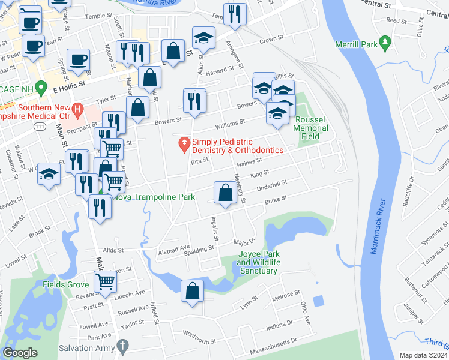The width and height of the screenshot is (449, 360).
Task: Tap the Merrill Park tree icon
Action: click(x=385, y=44)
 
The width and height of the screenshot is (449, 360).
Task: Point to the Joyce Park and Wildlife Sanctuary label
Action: click(x=258, y=262)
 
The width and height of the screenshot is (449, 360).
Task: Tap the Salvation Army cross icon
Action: click(x=122, y=346)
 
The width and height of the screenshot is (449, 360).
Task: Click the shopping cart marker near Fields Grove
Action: click(x=105, y=280)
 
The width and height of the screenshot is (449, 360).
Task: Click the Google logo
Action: click(x=20, y=352)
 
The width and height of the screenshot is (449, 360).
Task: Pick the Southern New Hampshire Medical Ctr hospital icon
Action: click(x=77, y=109)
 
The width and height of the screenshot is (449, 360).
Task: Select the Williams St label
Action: click(x=231, y=122)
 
